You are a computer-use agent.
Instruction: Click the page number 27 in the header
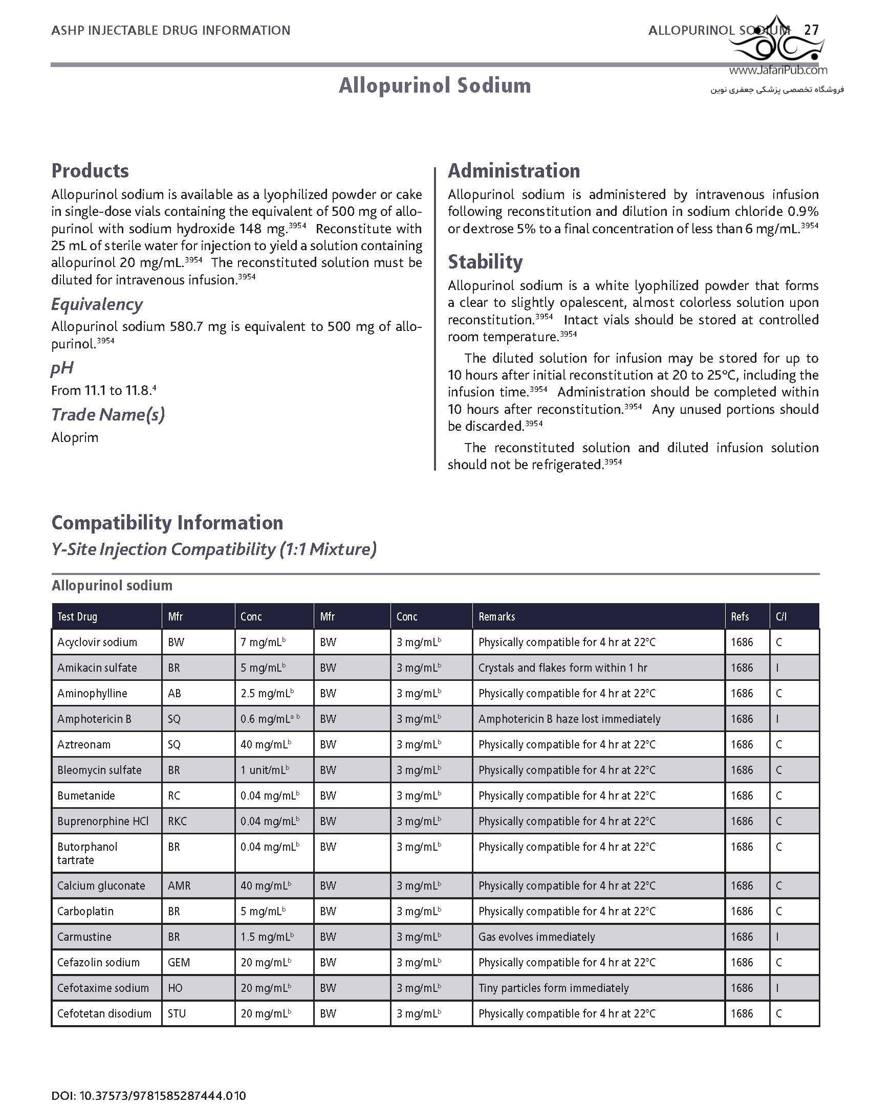pyautogui.click(x=812, y=30)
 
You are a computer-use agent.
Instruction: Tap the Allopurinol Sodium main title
pyautogui.click(x=434, y=85)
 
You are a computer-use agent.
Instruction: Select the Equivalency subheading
pyautogui.click(x=97, y=304)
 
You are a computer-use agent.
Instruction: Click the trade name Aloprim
pyautogui.click(x=75, y=437)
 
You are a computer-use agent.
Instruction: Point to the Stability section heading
pyautogui.click(x=485, y=262)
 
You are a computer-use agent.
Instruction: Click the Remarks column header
pyautogui.click(x=496, y=616)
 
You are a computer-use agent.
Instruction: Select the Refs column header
pyautogui.click(x=739, y=616)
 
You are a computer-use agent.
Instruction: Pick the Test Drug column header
pyautogui.click(x=77, y=616)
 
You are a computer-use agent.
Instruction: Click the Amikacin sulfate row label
pyautogui.click(x=97, y=668)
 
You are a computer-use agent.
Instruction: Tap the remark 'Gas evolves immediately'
pyautogui.click(x=536, y=937)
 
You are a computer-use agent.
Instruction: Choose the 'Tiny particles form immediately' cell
pyautogui.click(x=553, y=988)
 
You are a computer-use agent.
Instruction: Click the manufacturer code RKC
pyautogui.click(x=177, y=821)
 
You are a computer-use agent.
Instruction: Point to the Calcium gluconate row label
pyautogui.click(x=101, y=885)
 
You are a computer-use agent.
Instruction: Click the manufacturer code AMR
pyautogui.click(x=179, y=885)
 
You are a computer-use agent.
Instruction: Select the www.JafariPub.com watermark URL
pyautogui.click(x=778, y=71)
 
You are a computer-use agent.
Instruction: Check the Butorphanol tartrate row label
pyautogui.click(x=88, y=853)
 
